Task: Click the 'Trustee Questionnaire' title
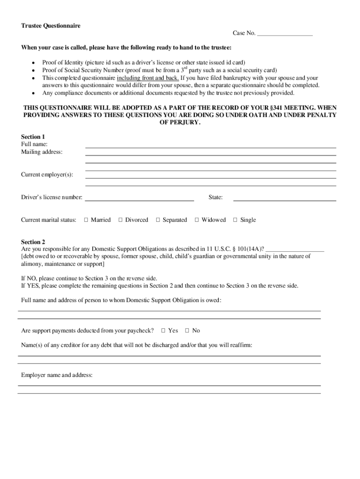coord(50,26)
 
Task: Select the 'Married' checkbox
coord(86,220)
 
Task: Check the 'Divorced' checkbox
coord(121,220)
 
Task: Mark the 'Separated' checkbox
coord(158,220)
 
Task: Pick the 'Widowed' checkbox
coord(197,220)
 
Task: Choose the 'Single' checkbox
coord(235,220)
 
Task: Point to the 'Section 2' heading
coord(33,242)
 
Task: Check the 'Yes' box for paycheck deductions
coord(164,331)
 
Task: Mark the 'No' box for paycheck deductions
coord(187,331)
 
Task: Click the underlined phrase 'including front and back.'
coord(148,78)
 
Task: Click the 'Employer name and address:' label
coord(57,375)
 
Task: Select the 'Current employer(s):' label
coord(47,174)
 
